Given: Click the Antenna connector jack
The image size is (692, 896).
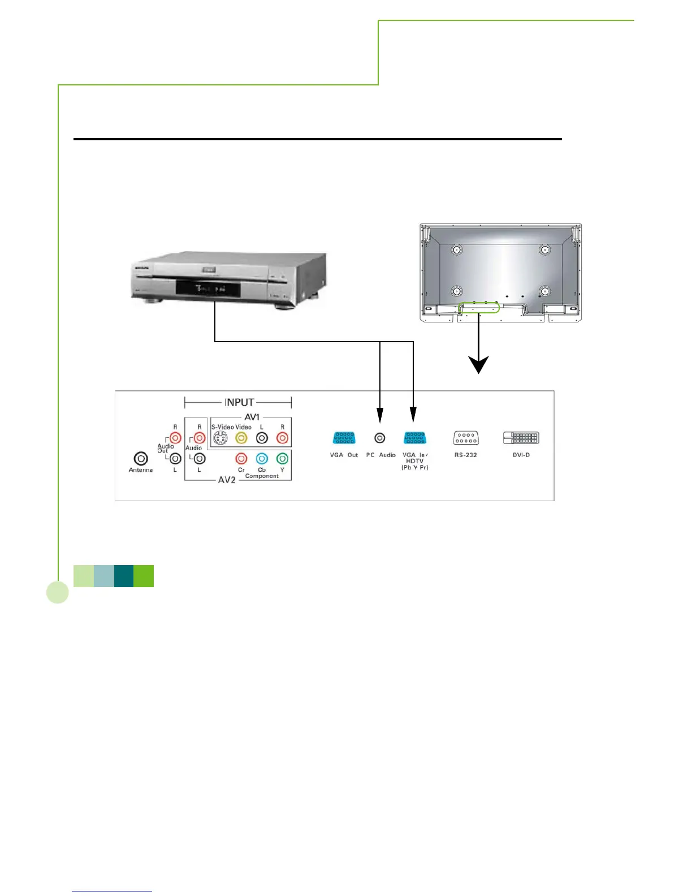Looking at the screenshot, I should (140, 459).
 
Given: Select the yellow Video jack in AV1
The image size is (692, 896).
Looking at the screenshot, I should (241, 438).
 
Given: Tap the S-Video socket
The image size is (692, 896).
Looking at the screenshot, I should (220, 438).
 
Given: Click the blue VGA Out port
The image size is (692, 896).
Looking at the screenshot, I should (344, 438).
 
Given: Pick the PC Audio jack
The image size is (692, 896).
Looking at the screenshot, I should (380, 438).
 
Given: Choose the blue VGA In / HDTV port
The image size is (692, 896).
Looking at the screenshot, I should (415, 438).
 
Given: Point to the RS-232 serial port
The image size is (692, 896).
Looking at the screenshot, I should (466, 438).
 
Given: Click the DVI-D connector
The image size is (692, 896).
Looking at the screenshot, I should (521, 438).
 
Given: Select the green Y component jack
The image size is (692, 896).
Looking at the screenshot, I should (282, 458).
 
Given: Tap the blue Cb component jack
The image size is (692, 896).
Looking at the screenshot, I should (262, 458).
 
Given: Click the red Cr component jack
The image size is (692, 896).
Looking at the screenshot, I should (241, 458).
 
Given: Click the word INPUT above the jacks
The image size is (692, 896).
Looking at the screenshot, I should (239, 402).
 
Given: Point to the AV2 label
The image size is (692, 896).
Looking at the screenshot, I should (227, 480).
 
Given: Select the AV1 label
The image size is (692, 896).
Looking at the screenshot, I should (252, 417).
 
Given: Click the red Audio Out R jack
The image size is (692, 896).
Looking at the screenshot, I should (175, 438).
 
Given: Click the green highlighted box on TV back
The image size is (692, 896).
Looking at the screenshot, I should (479, 308).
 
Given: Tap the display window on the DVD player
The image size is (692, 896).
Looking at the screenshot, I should (208, 289).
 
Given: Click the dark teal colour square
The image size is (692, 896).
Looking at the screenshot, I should (124, 576).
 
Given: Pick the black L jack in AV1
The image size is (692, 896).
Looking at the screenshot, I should (262, 438).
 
